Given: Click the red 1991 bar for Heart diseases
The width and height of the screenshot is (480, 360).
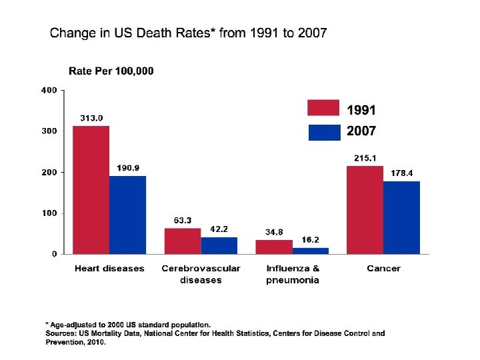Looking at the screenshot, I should (91, 190).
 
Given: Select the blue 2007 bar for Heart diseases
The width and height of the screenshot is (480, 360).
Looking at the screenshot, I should (127, 215).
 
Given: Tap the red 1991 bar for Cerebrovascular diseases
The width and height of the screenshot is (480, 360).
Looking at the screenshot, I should (182, 241).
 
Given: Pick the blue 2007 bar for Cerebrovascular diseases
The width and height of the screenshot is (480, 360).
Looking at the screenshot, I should (219, 245).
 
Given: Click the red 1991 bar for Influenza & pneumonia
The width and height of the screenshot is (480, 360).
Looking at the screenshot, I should (273, 247).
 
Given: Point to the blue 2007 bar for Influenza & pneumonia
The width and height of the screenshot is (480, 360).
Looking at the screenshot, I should (310, 251).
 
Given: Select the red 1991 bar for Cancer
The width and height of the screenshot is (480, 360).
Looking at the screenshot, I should (365, 210).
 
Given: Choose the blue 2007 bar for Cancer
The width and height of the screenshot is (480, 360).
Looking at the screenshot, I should (401, 217).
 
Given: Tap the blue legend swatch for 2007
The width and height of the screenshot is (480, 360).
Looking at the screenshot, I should (324, 132).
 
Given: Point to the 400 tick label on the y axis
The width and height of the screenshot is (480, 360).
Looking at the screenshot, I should (49, 90).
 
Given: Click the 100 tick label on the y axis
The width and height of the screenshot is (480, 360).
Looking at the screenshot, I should (49, 213).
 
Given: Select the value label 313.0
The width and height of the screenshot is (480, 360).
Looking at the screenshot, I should (91, 118).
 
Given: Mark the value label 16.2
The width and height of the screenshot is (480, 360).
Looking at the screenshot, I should (310, 240).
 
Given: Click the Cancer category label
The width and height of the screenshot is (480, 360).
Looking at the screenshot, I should (383, 269).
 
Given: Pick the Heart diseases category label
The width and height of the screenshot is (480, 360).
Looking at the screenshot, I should (109, 269).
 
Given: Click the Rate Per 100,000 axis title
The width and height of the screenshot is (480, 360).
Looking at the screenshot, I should (111, 71).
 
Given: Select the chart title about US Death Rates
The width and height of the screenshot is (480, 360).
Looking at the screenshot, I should (189, 33).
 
